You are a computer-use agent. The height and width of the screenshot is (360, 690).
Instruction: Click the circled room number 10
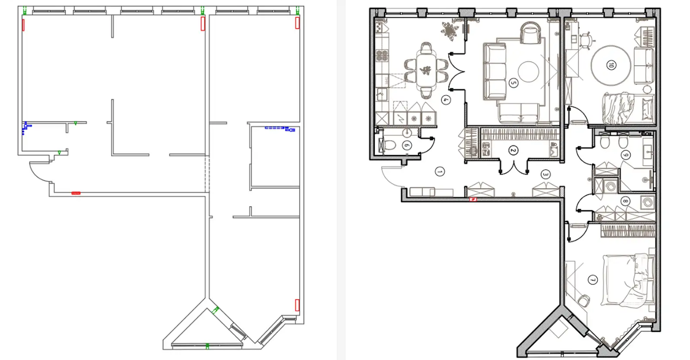[x=611, y=65]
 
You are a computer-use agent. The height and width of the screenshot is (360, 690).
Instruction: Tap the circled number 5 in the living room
[x=513, y=83]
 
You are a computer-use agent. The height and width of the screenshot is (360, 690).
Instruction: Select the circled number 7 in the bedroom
[x=593, y=280]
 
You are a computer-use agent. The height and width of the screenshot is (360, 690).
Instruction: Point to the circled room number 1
[x=440, y=171]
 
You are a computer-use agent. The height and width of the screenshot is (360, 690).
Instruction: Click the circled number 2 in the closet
[x=513, y=150]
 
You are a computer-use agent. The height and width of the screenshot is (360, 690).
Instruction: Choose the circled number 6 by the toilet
[x=407, y=145]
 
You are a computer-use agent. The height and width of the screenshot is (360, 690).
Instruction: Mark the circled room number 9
[x=625, y=155]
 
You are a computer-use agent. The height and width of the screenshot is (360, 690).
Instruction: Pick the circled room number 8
[x=625, y=201]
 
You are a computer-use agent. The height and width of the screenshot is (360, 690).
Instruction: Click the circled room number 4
[x=446, y=100]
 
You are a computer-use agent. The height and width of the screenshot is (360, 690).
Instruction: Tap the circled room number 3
[x=545, y=175]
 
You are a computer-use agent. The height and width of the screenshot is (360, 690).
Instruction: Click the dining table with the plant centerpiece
[x=426, y=71]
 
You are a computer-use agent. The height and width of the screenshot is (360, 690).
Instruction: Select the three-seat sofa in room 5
[x=494, y=72]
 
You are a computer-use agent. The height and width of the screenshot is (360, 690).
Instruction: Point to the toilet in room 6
[x=389, y=145]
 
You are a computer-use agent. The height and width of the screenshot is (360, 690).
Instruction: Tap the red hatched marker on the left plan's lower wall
[x=76, y=193]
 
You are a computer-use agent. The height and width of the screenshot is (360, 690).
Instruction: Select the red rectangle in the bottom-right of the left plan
[x=297, y=305]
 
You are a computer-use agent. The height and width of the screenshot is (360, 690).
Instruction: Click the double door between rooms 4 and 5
[x=456, y=72]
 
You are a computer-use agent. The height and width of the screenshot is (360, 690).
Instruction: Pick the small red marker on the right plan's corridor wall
[x=473, y=200]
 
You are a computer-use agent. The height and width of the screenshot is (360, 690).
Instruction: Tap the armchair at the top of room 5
[x=530, y=33]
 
